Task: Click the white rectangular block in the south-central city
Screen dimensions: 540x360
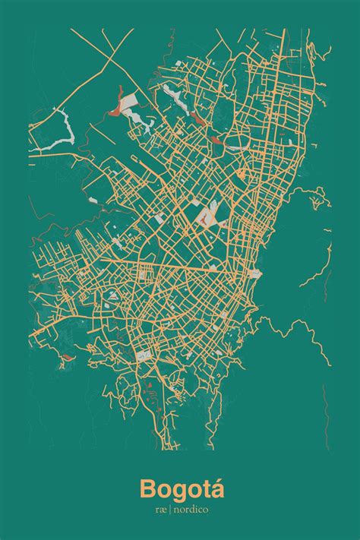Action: [142, 355]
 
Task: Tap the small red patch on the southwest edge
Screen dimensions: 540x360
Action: [66, 356]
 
